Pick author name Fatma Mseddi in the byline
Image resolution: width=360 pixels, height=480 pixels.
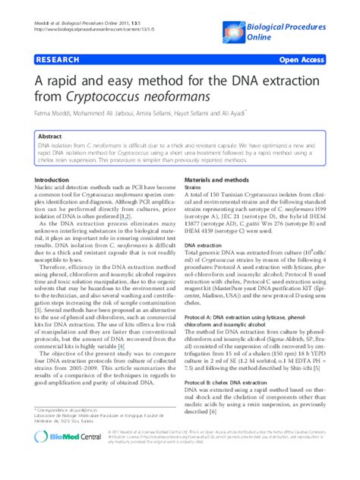coord(53,114)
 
